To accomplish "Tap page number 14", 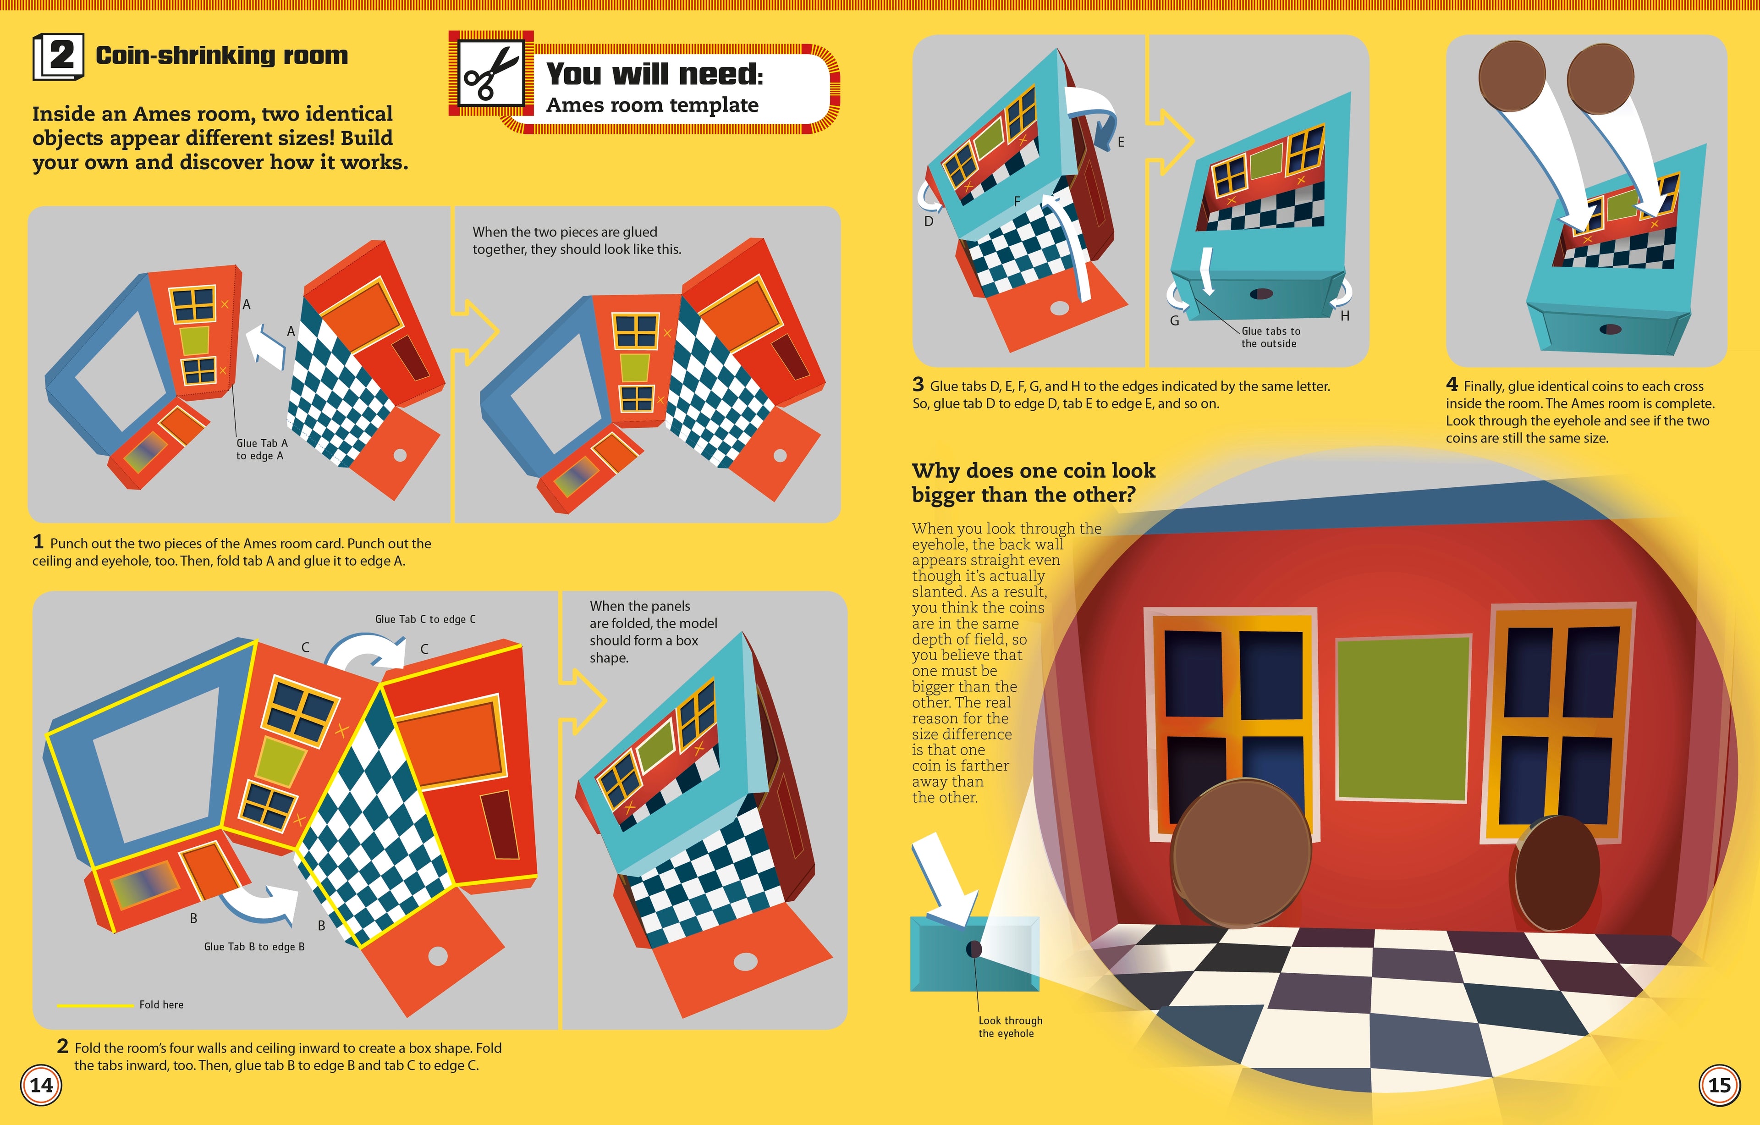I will [x=41, y=1085].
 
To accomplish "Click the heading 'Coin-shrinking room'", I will [x=221, y=55].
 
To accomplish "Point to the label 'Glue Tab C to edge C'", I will [x=425, y=619].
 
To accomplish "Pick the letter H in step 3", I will [x=1344, y=316].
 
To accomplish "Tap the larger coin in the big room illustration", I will [x=1240, y=852].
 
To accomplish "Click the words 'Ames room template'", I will [x=652, y=105].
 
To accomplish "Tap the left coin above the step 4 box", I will [x=1512, y=77].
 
